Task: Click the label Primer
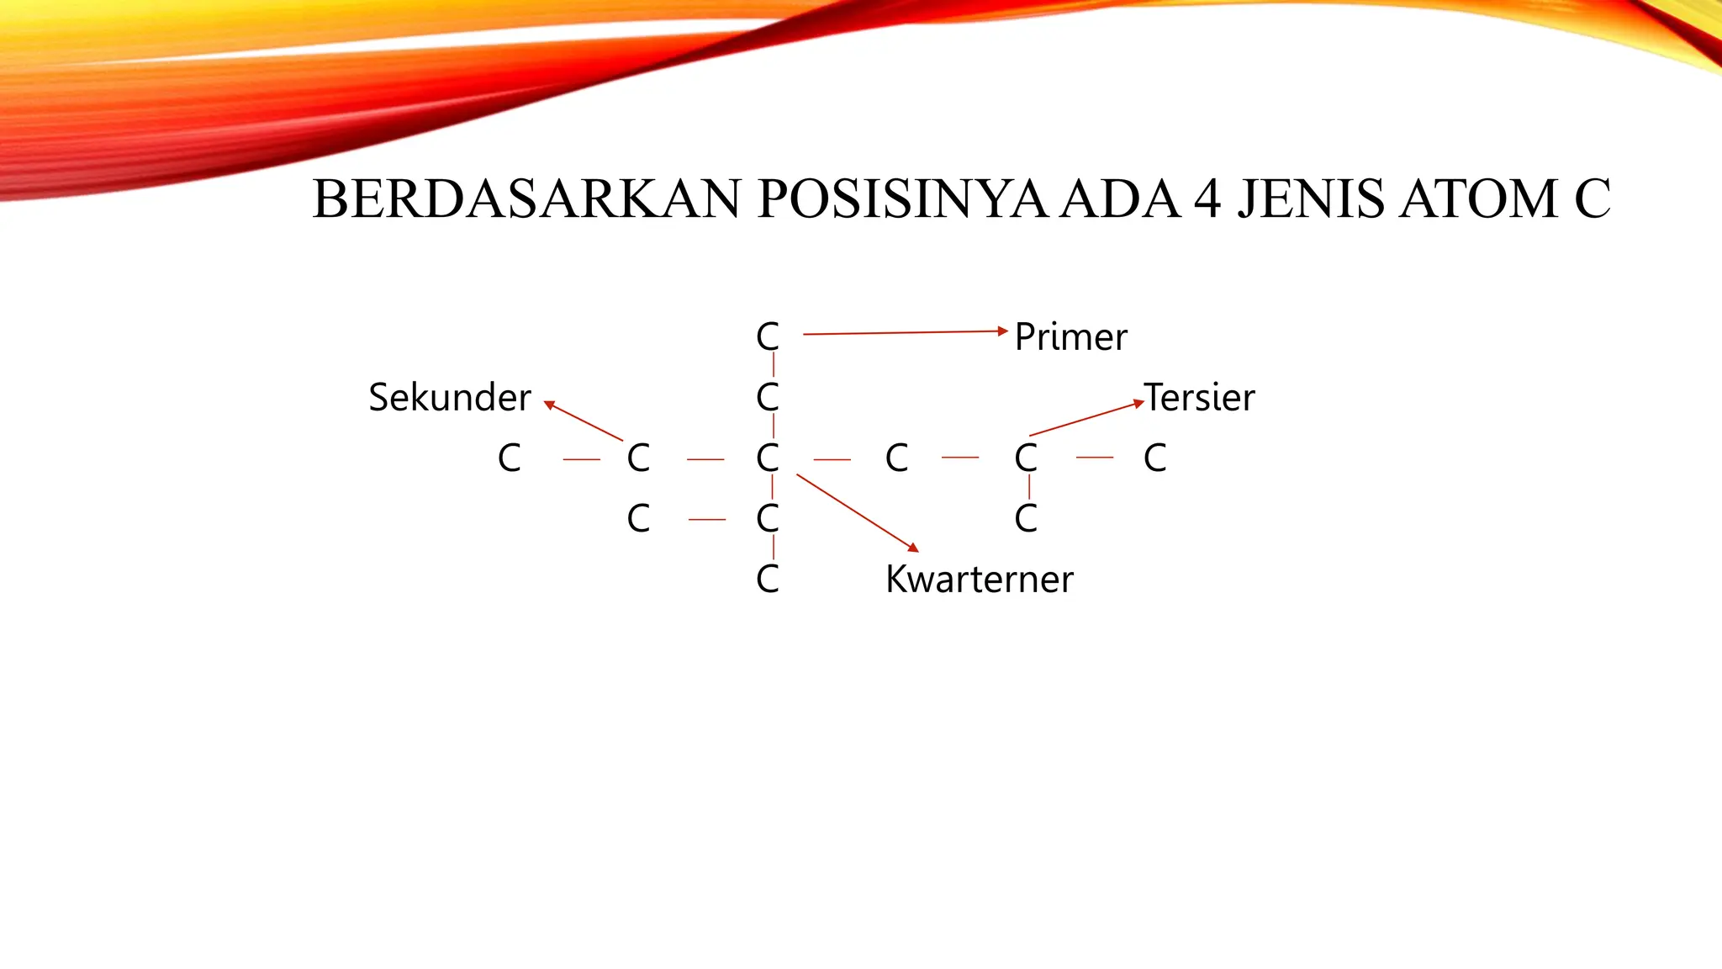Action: [1070, 336]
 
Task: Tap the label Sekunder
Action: [450, 397]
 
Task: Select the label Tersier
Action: [1200, 397]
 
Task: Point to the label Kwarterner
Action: [980, 580]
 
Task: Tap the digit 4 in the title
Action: [1207, 199]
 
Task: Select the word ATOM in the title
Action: [1479, 199]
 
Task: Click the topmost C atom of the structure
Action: [768, 337]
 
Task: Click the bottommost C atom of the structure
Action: [768, 580]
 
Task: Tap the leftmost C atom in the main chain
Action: [510, 458]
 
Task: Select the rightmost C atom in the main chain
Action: [1155, 458]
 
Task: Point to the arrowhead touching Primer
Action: [1002, 331]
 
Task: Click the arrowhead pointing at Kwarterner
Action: [914, 548]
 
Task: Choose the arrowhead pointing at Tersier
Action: [1138, 402]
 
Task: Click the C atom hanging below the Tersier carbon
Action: [1026, 519]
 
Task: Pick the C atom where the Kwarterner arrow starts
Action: [768, 458]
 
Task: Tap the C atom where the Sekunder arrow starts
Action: [639, 458]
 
